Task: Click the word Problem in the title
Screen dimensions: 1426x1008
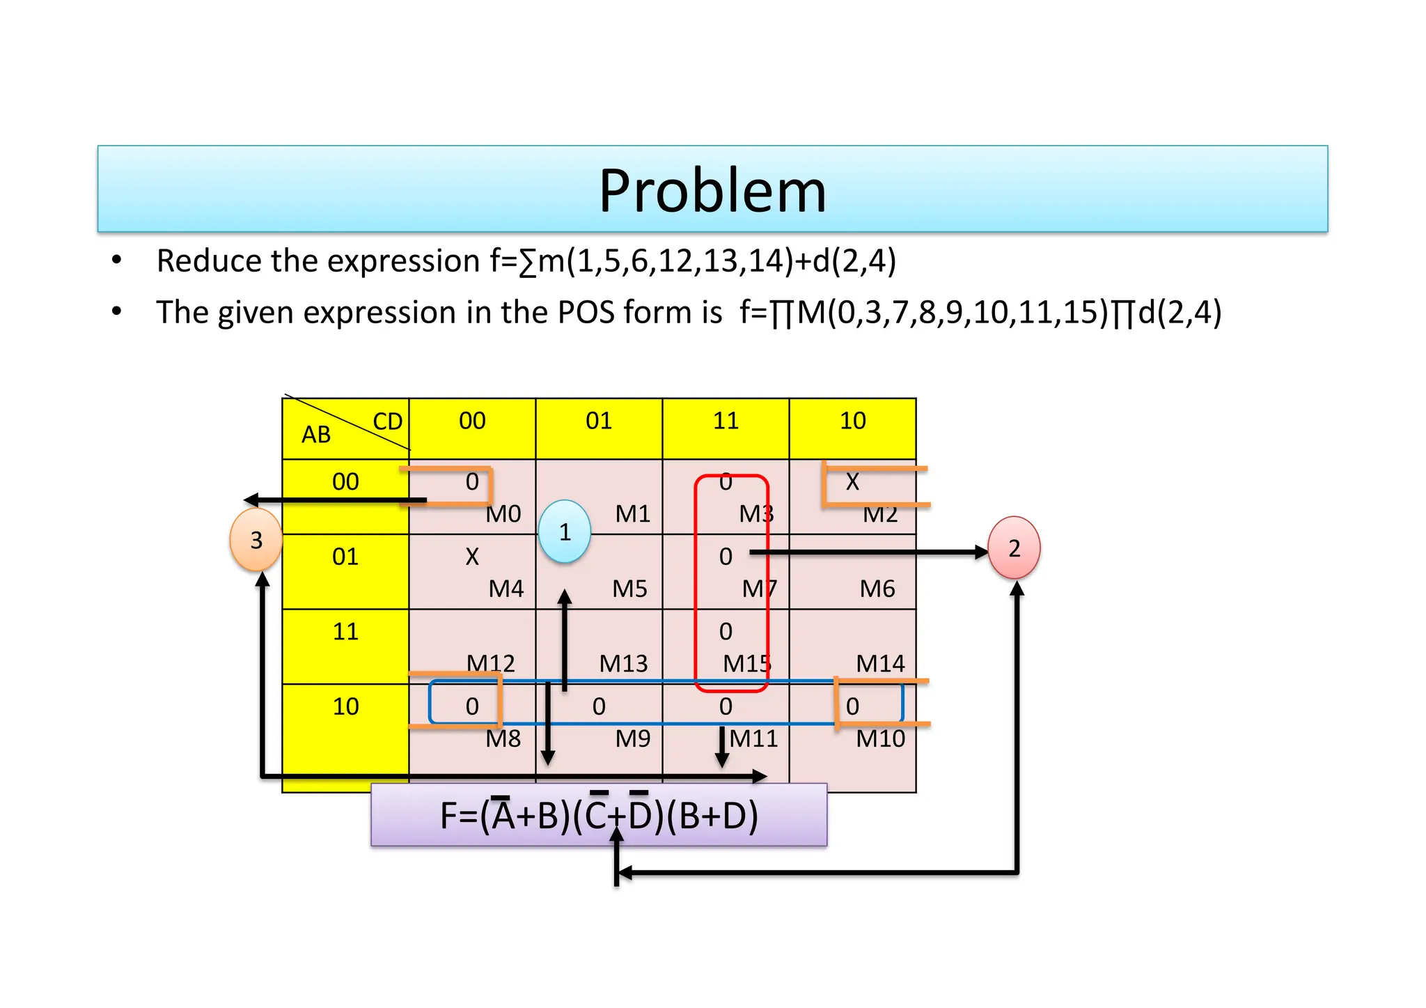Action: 712,191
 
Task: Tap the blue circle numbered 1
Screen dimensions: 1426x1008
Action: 565,532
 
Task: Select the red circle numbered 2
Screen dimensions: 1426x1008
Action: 1014,548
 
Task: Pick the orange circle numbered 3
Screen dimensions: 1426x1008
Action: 256,540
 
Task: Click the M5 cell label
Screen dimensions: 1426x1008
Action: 629,589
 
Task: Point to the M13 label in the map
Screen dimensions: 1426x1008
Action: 623,664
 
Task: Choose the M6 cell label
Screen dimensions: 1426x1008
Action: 877,589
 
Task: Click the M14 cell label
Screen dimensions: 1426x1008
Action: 880,664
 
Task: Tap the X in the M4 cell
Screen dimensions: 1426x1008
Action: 472,557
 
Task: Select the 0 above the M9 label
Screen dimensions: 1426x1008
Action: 599,706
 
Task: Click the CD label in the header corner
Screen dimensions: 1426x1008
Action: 388,421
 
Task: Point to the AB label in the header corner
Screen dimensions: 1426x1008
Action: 316,435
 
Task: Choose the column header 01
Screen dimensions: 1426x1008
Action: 599,421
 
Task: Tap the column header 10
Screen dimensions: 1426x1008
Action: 852,421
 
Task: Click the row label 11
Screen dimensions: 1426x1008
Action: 345,632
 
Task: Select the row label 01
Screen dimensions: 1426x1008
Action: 345,557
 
